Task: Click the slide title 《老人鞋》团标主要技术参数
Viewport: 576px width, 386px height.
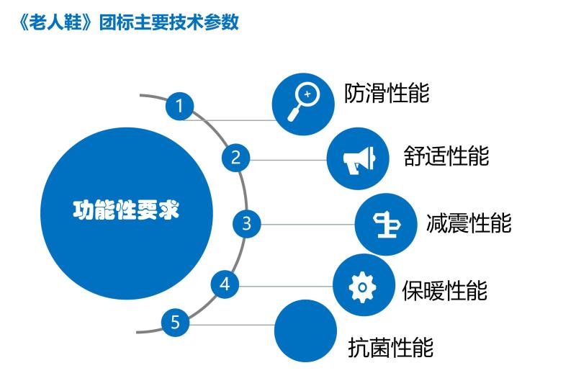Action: [x=129, y=22]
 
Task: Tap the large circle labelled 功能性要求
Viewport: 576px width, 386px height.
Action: [x=127, y=213]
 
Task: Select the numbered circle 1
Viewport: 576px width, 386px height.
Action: [x=179, y=106]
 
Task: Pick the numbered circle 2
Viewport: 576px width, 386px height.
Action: [x=236, y=158]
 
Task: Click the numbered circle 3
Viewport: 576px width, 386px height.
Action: [x=246, y=223]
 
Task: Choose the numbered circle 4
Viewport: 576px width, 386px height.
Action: [x=225, y=284]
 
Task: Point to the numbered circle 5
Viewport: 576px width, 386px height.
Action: [x=175, y=323]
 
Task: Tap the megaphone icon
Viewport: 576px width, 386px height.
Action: [x=359, y=160]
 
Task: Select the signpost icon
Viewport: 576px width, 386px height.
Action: [x=386, y=225]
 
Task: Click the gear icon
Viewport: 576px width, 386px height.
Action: [x=363, y=287]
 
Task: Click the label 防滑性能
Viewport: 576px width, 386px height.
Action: [x=387, y=93]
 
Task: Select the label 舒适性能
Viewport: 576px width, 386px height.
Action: [x=446, y=156]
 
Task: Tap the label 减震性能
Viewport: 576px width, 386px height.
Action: [x=469, y=223]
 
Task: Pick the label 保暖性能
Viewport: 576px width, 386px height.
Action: [x=445, y=290]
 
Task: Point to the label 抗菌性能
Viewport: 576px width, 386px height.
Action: [x=391, y=347]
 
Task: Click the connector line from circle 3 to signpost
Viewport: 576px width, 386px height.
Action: [x=308, y=225]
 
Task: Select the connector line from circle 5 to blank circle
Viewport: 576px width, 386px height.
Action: [x=232, y=325]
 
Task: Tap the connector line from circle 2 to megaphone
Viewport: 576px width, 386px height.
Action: [x=289, y=160]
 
